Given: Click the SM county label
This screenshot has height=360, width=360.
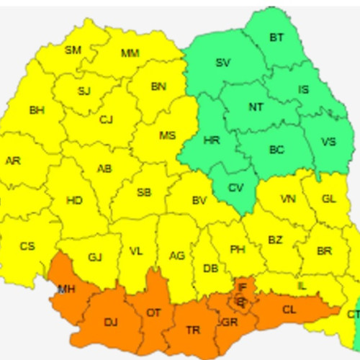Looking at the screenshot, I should click(x=73, y=50).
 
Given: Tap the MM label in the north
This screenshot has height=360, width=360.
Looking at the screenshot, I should click(x=130, y=53).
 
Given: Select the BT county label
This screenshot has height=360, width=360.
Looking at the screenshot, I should click(x=276, y=37).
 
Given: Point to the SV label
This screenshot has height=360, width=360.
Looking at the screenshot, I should click(x=223, y=63).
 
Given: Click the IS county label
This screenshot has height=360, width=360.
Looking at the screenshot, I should click(x=304, y=90).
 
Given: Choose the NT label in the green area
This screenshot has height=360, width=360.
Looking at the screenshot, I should click(x=256, y=107).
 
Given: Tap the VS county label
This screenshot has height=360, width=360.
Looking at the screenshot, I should click(x=328, y=142).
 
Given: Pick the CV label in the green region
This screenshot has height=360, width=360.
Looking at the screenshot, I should click(x=235, y=188).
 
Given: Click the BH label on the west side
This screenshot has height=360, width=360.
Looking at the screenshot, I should click(x=36, y=110).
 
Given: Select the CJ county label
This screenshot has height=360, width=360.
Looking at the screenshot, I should click(x=107, y=120).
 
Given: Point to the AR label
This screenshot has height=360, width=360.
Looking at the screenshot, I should click(x=13, y=161).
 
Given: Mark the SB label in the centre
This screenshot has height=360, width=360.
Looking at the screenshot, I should click(x=144, y=192).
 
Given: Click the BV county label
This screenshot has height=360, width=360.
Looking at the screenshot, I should click(x=199, y=201).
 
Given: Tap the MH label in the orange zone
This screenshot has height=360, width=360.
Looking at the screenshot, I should click(x=66, y=289).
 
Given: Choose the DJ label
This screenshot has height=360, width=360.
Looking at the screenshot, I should click(x=111, y=322).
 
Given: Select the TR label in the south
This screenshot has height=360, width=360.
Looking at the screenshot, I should click(x=193, y=330).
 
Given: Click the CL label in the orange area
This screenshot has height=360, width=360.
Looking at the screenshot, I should click(x=289, y=310).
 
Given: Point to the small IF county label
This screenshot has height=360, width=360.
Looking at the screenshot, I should click(x=242, y=288).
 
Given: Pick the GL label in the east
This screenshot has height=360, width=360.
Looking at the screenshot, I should click(x=328, y=199).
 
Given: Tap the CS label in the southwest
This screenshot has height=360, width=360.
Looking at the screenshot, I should click(x=27, y=246).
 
